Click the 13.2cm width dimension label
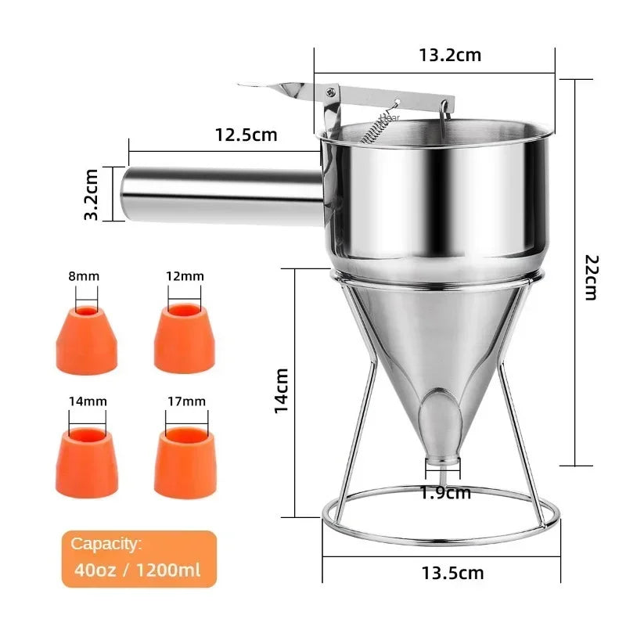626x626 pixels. (449, 55)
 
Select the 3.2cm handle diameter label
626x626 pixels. (92, 194)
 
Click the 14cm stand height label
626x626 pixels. (283, 390)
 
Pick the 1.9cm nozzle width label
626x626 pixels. (445, 493)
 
